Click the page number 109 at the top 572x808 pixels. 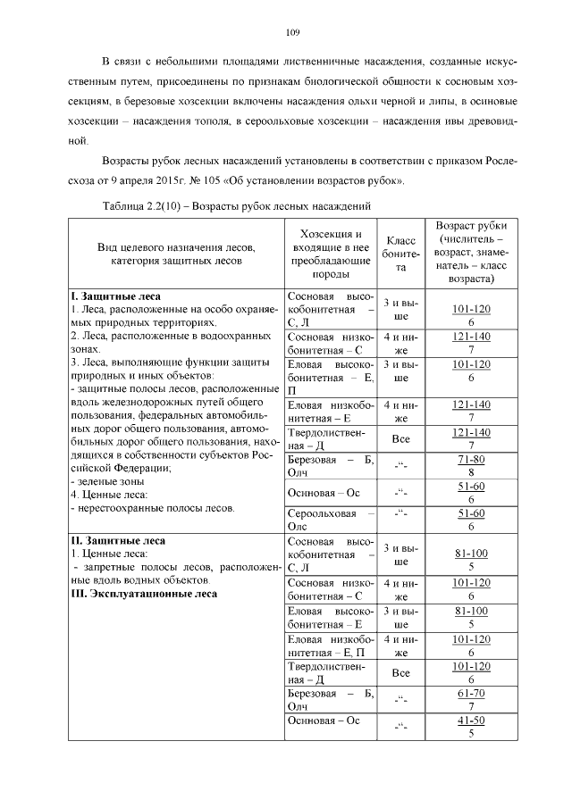pos(292,33)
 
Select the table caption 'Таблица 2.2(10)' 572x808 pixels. pos(146,205)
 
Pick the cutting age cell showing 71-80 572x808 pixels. pos(470,465)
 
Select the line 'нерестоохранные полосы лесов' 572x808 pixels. pos(152,508)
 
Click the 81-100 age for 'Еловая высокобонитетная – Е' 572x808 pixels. pos(470,617)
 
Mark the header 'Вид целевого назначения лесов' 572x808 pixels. pos(178,246)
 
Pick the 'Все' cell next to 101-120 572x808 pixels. pos(401,672)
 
